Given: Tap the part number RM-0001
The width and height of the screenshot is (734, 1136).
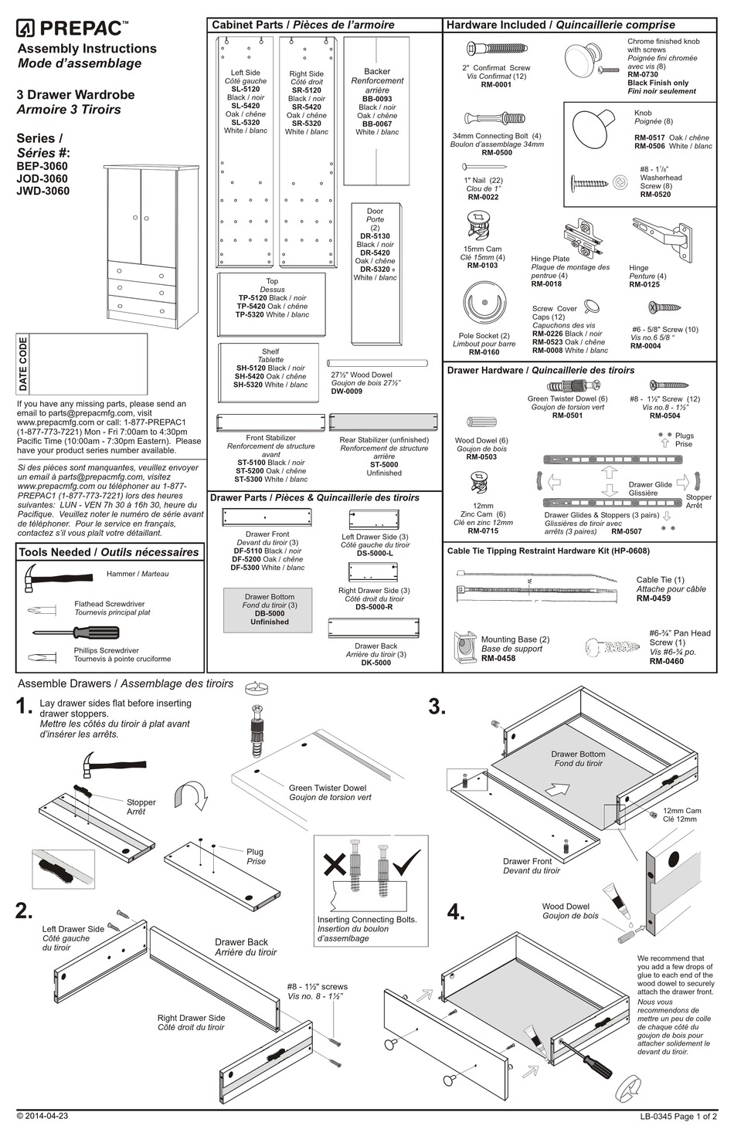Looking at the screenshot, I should [496, 85].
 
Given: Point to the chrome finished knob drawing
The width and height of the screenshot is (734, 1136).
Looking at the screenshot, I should [583, 61].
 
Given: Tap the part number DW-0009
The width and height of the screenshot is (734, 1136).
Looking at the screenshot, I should [346, 392].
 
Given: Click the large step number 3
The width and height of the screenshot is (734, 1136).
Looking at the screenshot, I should [437, 706].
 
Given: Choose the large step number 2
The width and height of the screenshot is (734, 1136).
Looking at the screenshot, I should [24, 910].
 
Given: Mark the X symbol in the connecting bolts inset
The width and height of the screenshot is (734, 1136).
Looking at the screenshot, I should [335, 863].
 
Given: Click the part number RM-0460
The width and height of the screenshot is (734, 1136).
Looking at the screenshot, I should [666, 661].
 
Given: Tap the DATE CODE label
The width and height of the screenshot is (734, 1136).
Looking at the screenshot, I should [23, 364].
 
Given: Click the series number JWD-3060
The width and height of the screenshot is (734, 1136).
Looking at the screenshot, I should [42, 191].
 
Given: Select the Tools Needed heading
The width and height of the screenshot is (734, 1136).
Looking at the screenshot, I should [108, 552].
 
